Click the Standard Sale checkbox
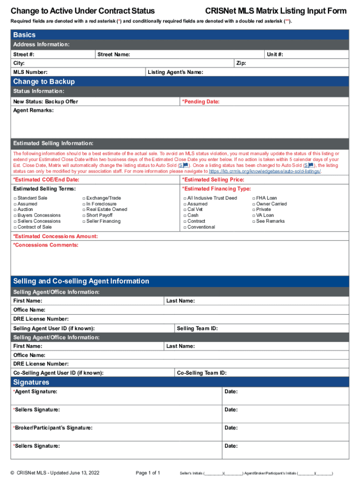click(15, 198)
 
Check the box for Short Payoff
click(84, 216)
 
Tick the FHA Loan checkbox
click(253, 198)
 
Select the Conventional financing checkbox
click(185, 227)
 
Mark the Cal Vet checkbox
click(185, 210)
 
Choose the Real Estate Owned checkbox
click(84, 210)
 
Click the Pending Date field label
click(201, 102)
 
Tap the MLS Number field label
click(30, 73)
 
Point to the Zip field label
click(241, 63)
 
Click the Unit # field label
click(275, 55)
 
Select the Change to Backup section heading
click(44, 82)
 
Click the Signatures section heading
click(31, 383)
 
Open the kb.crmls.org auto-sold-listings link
click(265, 171)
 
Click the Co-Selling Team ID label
click(202, 373)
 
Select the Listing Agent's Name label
click(175, 73)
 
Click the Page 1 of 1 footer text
click(148, 473)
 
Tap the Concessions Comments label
click(46, 245)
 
